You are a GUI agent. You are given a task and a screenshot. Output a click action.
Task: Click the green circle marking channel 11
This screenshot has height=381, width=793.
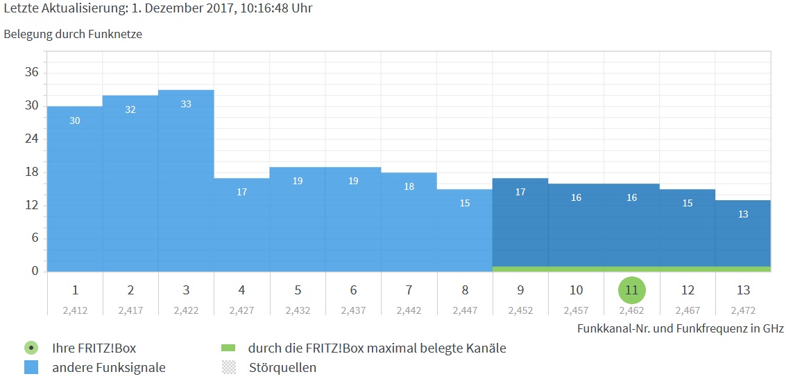click(631, 290)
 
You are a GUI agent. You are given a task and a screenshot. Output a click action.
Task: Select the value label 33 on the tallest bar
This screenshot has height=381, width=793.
click(186, 105)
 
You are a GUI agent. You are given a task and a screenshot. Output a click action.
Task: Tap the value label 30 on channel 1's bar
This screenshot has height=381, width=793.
click(75, 121)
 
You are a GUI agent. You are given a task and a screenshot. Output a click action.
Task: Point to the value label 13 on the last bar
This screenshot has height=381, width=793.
click(743, 214)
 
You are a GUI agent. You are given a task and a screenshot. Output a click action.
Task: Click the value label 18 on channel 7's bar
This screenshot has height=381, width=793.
click(409, 186)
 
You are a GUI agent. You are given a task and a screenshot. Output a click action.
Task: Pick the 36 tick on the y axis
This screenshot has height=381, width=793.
click(31, 73)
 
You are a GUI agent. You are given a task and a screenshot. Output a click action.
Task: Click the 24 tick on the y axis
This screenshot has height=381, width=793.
click(31, 139)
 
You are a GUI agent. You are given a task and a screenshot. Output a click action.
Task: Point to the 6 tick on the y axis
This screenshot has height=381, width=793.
click(34, 238)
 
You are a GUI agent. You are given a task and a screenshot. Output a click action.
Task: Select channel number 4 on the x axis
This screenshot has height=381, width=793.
click(241, 290)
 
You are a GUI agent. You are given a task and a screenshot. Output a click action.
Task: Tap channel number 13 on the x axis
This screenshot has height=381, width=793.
click(743, 290)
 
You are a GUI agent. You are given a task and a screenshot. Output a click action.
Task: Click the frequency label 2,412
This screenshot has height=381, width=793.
click(75, 310)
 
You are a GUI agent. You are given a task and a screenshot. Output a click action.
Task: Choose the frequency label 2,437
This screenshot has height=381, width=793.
click(353, 310)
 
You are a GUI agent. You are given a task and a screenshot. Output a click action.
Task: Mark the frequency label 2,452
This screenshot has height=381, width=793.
click(520, 310)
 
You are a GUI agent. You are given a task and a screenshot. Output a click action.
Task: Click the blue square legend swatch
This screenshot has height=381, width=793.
click(31, 367)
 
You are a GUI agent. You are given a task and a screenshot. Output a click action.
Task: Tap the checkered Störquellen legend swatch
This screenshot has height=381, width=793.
click(229, 367)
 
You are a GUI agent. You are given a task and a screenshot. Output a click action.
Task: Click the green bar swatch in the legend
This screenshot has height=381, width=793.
click(229, 348)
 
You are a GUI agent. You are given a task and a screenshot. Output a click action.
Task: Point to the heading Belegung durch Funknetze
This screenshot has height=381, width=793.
click(73, 34)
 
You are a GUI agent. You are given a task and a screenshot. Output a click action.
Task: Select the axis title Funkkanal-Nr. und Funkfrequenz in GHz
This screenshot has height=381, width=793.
click(680, 328)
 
